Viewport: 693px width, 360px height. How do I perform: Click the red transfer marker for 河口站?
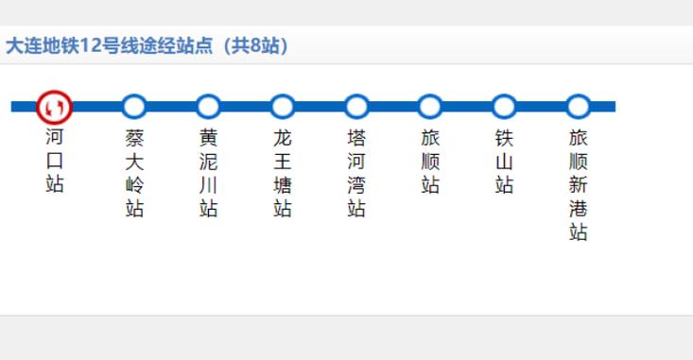pos(54,107)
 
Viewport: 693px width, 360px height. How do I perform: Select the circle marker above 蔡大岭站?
pos(134,107)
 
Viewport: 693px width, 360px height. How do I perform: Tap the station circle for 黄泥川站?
pos(208,107)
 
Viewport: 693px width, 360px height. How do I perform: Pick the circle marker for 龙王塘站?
pos(283,107)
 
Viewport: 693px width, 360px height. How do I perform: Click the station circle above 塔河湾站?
pos(356,107)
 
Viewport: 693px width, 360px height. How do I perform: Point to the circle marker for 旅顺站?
pos(430,107)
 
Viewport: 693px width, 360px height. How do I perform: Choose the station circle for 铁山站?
pos(504,107)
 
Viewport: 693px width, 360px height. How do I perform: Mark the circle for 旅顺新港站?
pos(578,107)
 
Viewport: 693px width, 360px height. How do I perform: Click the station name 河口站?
pos(54,161)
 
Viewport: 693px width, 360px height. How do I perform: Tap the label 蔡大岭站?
pos(134,173)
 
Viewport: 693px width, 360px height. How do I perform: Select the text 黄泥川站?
pos(208,173)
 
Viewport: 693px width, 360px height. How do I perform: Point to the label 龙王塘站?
pos(283,173)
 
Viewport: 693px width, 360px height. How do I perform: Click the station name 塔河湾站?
pos(356,173)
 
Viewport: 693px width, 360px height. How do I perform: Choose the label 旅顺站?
pos(430,162)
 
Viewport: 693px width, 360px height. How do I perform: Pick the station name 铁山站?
pos(504,162)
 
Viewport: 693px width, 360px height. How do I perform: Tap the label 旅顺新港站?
pos(578,184)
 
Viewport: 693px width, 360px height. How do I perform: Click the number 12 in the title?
pos(90,45)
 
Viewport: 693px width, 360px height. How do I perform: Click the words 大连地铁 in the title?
pos(42,45)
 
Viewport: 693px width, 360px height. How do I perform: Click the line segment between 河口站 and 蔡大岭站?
pos(96,107)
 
